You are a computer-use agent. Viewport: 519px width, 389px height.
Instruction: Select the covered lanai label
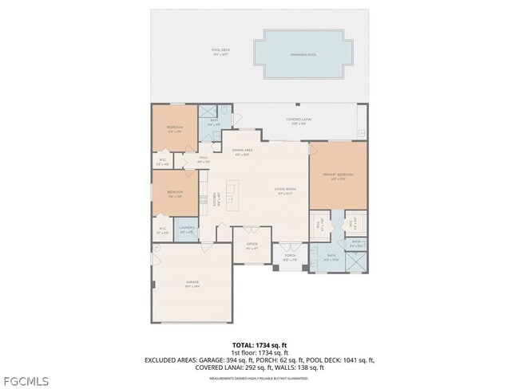pos(299,121)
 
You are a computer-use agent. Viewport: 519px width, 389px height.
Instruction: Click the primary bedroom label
pos(338,175)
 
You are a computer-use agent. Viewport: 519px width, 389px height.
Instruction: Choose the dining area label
pos(243,152)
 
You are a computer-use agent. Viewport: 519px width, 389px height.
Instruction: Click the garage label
pos(192,285)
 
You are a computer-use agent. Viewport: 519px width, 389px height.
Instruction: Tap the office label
pos(252,246)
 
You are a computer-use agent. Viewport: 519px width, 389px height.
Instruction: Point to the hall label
pos(203,159)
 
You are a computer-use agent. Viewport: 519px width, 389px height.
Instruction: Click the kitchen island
pos(232,195)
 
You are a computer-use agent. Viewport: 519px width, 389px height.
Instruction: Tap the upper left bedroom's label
pos(175,128)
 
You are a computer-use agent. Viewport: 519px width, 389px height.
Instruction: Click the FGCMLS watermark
pos(25,380)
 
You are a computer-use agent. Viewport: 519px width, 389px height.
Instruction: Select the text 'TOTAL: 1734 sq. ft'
pos(259,344)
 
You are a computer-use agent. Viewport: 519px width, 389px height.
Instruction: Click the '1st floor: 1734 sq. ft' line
pos(259,352)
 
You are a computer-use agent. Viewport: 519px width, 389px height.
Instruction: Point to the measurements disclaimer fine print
pos(259,378)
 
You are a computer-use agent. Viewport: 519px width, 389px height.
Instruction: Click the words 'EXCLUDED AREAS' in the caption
pos(169,360)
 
